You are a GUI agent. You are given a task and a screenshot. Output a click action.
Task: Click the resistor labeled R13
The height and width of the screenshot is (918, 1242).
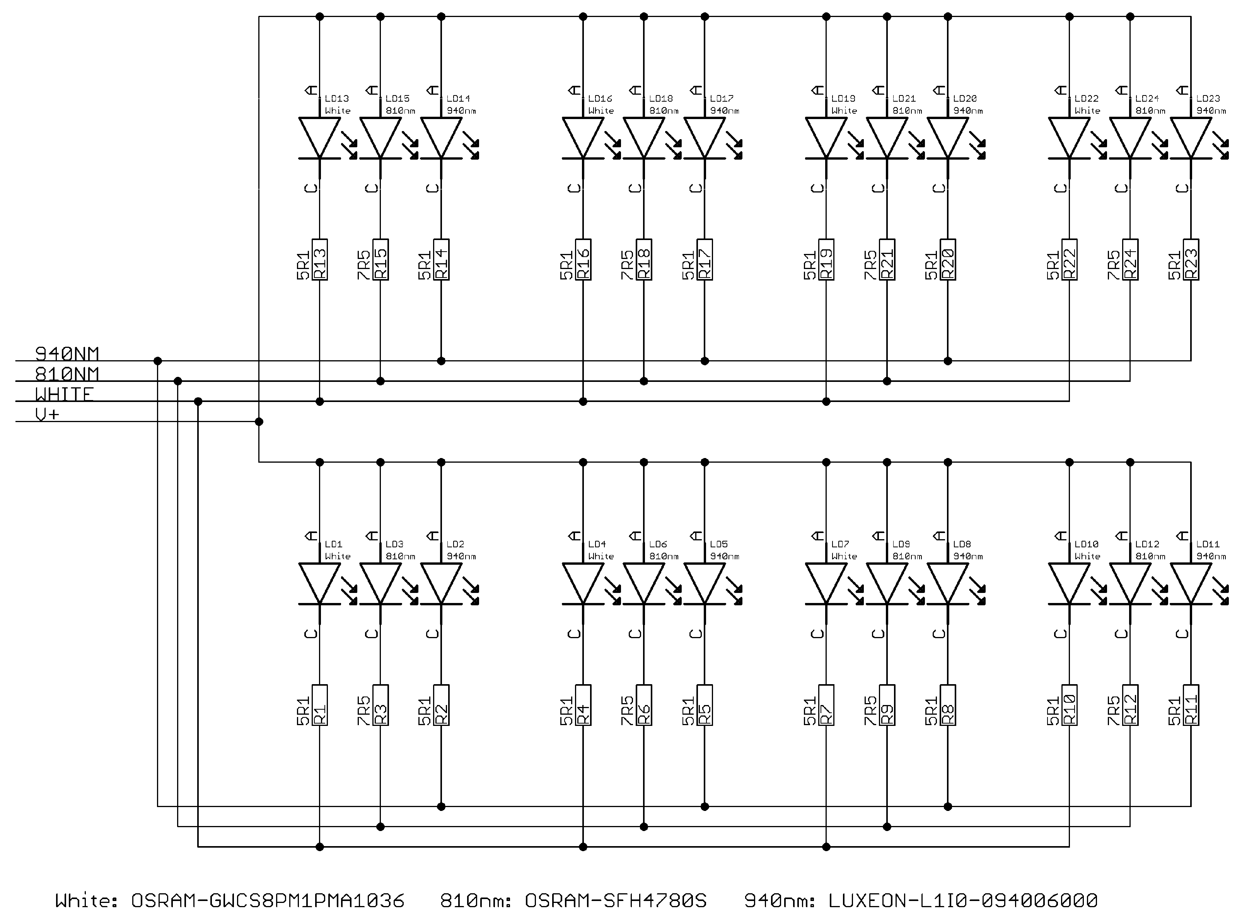point(320,259)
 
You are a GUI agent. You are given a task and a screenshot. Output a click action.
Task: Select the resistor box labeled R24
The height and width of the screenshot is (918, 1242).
point(1130,259)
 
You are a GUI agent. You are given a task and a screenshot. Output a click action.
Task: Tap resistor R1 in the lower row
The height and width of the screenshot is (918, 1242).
point(320,705)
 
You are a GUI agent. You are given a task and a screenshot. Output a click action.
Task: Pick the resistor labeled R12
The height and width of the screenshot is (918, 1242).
point(1130,705)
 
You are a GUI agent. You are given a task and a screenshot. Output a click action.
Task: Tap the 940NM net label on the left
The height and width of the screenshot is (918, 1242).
point(67,353)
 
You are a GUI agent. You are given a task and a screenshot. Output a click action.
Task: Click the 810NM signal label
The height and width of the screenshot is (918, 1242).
point(67,373)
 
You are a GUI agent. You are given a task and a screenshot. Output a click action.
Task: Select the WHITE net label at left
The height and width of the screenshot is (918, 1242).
point(64,394)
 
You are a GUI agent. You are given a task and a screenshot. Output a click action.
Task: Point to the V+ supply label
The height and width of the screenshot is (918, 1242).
point(47,414)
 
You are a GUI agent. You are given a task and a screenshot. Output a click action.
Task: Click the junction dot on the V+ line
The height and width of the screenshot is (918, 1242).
point(259,422)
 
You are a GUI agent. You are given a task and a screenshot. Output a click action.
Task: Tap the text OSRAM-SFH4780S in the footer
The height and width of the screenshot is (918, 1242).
point(616,900)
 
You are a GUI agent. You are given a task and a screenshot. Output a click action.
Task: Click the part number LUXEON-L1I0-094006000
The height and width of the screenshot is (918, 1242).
point(963,900)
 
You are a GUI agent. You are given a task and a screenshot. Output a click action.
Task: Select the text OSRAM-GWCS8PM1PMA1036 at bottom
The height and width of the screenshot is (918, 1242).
point(268,900)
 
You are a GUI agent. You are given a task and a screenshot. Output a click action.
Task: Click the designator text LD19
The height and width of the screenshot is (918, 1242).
point(843,98)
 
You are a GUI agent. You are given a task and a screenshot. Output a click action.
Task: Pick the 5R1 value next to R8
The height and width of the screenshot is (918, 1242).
point(931,711)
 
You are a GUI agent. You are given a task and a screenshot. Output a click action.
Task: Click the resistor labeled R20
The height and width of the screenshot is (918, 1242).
point(948,259)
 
